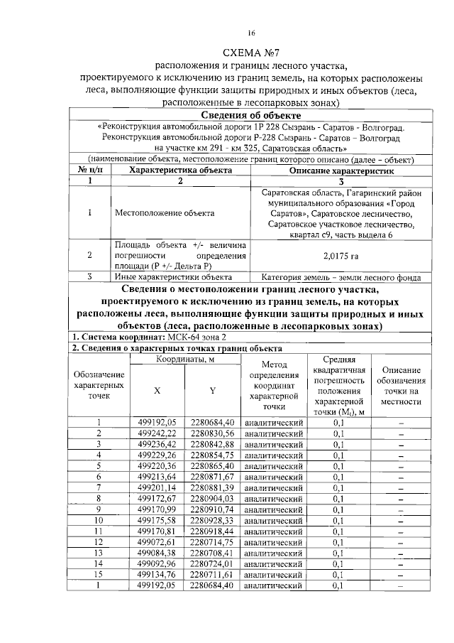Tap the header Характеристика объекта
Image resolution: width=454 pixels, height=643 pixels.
[180, 171]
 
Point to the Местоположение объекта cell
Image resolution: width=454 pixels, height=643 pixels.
[154, 212]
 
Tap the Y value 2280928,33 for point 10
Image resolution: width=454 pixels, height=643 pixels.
[212, 520]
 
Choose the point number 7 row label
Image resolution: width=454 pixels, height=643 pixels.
[99, 487]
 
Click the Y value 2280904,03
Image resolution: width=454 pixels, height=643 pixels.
[212, 498]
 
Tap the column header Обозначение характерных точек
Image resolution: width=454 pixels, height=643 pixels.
[99, 384]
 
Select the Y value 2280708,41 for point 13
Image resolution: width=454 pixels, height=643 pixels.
[212, 553]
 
